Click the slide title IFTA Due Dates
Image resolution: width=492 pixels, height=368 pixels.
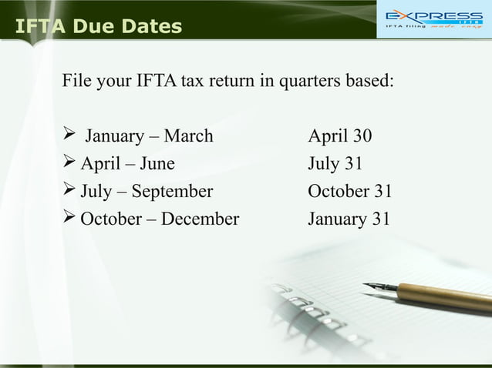[99, 28]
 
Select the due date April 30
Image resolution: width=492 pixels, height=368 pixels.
[339, 137]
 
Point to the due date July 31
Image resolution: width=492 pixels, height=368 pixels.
[335, 164]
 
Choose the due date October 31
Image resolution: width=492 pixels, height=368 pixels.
[345, 191]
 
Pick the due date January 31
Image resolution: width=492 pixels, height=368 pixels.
[349, 219]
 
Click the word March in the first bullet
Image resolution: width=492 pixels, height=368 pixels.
[189, 137]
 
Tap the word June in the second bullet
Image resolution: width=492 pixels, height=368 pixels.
[157, 164]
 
